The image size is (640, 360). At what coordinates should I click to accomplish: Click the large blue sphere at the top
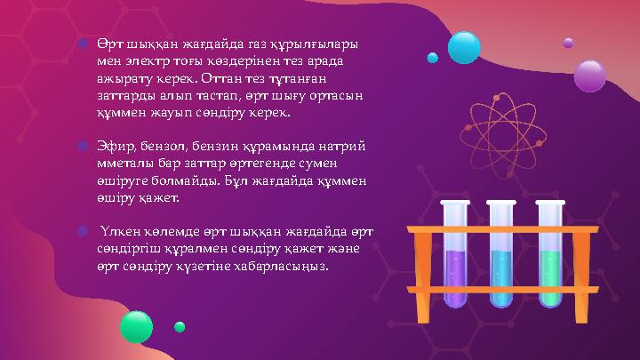click(x=464, y=47)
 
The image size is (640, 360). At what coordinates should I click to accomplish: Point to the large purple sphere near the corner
click(x=589, y=76)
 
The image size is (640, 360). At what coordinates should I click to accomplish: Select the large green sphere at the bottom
click(x=137, y=326)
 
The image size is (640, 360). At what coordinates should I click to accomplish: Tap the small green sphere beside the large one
click(x=180, y=327)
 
